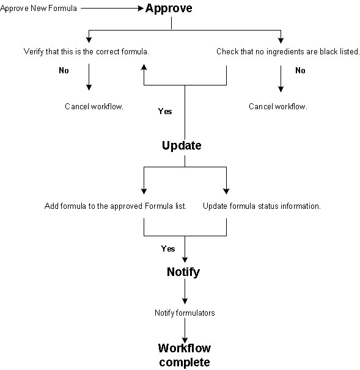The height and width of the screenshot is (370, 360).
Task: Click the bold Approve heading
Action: coord(169,9)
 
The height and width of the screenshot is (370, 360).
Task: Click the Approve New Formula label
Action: coord(39,9)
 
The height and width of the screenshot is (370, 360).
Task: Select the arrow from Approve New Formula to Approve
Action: coord(112,9)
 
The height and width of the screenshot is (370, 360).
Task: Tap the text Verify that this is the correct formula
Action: coord(86,51)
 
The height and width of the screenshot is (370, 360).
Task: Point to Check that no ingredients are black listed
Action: coord(288,51)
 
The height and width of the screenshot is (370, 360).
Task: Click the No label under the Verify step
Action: coord(64,70)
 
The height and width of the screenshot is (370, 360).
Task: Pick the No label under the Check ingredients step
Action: coord(300,70)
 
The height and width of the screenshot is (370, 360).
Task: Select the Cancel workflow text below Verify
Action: coord(94,106)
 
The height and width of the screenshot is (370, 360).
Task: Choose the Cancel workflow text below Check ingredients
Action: coord(278,106)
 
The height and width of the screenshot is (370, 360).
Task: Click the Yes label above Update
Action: coord(165,111)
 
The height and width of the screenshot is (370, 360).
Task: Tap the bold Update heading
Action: coord(182,145)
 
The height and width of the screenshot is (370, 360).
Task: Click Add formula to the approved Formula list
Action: coord(116,206)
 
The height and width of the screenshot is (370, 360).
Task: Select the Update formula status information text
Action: coord(262,206)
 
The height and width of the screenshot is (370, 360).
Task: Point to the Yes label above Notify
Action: coord(168,248)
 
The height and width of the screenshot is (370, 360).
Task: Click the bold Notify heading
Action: coord(183,272)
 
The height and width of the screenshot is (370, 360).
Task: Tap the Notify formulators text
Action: coord(185,313)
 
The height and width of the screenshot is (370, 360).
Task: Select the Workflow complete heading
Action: coord(185,355)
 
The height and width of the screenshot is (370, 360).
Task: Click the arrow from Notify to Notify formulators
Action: coord(185,291)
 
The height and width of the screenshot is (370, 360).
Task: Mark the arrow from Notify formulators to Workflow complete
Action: coord(185,330)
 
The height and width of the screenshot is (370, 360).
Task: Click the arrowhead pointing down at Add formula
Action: coord(144,191)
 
